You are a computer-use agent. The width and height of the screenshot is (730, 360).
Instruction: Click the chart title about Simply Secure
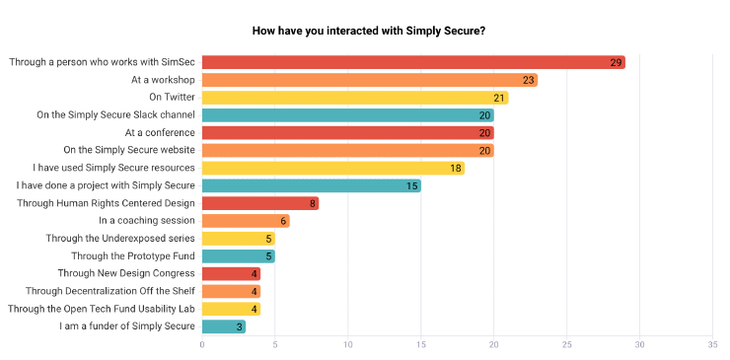pyautogui.click(x=368, y=31)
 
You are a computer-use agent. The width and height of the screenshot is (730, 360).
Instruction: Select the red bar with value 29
pyautogui.click(x=413, y=62)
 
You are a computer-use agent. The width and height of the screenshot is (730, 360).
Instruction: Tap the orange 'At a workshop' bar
pyautogui.click(x=369, y=80)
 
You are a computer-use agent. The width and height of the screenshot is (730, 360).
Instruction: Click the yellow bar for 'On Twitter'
pyautogui.click(x=355, y=98)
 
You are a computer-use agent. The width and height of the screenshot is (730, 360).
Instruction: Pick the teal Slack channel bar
pyautogui.click(x=347, y=115)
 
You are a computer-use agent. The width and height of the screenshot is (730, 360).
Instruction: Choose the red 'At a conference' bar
pyautogui.click(x=347, y=132)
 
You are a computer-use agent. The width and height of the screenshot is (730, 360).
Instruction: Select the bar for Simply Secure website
pyautogui.click(x=347, y=150)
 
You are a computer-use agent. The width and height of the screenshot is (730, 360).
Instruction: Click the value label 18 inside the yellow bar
pyautogui.click(x=456, y=168)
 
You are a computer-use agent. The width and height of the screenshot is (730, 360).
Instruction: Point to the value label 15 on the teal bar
pyautogui.click(x=412, y=185)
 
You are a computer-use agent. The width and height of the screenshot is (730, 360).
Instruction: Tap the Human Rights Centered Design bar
pyautogui.click(x=260, y=203)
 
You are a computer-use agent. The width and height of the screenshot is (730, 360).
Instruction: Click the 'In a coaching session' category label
pyautogui.click(x=146, y=221)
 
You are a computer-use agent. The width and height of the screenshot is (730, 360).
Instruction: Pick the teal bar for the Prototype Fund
pyautogui.click(x=238, y=255)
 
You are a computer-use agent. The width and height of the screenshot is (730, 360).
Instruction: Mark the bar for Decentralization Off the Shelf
pyautogui.click(x=231, y=291)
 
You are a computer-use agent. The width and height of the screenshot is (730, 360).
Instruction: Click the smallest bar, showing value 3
pyautogui.click(x=224, y=326)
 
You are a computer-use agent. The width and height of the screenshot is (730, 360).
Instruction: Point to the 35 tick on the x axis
pyautogui.click(x=712, y=344)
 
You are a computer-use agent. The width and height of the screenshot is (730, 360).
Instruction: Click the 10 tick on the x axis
pyautogui.click(x=348, y=344)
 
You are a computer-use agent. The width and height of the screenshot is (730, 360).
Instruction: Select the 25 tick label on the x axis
pyautogui.click(x=566, y=344)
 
